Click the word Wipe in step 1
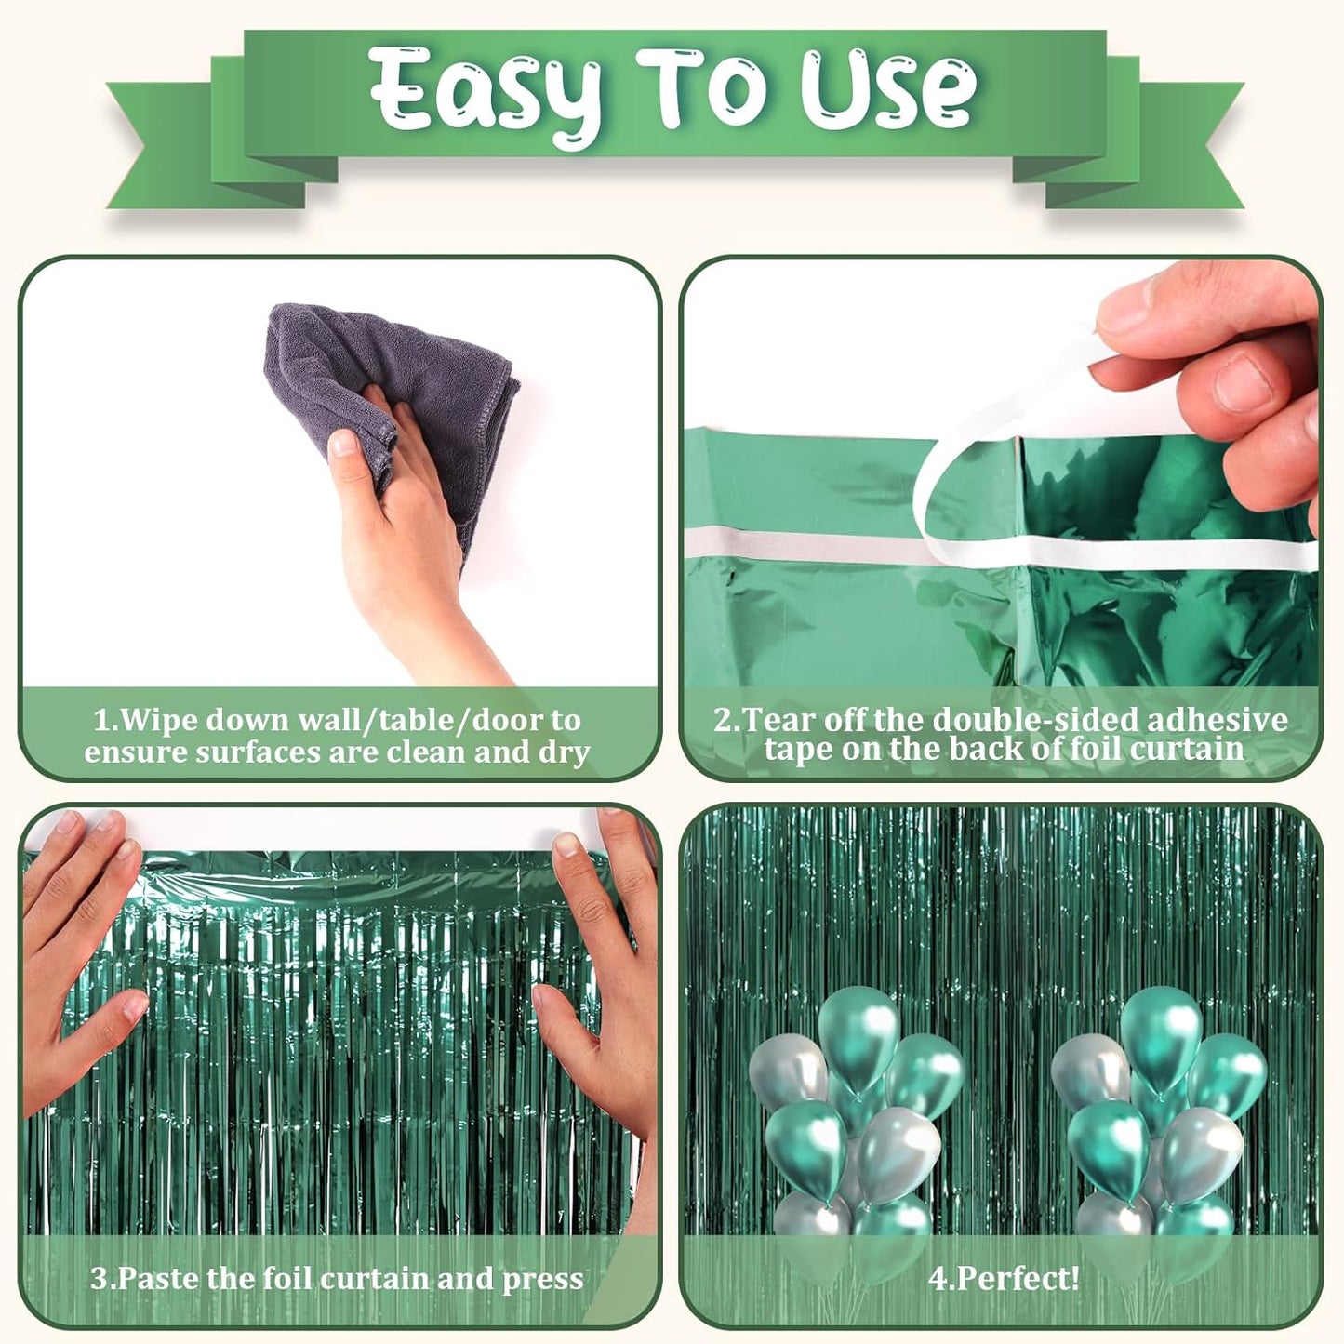159,720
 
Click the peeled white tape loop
967,484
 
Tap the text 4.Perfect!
1004,1279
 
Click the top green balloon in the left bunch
858,1032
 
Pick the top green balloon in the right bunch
1161,1031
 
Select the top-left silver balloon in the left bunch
787,1071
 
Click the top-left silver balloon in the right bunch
1089,1071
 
